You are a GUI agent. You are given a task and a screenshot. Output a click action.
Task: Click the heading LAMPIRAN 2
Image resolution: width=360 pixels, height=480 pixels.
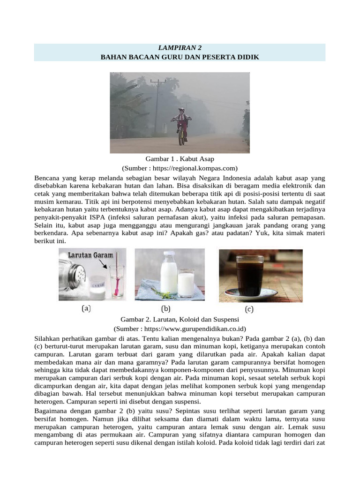click(180, 48)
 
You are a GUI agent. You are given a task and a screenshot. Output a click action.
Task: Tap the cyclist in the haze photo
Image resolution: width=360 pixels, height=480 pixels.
click(181, 123)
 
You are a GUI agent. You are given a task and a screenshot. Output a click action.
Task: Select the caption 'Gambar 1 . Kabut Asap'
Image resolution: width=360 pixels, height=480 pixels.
click(180, 159)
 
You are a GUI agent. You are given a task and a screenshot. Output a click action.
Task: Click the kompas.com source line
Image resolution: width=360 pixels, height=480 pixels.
click(180, 168)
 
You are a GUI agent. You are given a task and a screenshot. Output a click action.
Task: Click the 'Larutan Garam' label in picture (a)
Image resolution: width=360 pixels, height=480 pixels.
click(91, 255)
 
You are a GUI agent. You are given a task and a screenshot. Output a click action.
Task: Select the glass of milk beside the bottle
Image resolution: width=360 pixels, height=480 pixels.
click(186, 282)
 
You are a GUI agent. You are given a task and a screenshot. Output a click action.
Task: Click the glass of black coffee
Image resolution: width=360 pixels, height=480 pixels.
click(249, 275)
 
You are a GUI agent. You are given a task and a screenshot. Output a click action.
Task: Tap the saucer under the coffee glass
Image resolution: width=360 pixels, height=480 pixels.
click(251, 295)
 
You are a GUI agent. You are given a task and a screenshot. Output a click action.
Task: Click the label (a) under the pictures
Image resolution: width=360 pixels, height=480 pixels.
click(86, 309)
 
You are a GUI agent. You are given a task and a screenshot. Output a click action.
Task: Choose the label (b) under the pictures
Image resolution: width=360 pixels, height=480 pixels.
click(165, 309)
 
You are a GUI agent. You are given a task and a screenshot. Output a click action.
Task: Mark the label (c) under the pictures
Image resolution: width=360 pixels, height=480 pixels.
click(249, 309)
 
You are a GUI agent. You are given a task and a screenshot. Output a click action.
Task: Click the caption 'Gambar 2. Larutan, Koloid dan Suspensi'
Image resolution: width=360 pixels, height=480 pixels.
click(180, 319)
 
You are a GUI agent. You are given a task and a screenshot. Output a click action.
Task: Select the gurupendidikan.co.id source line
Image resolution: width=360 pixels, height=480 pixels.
click(180, 329)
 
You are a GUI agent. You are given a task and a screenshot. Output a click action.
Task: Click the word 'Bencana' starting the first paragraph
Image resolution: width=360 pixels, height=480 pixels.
click(47, 179)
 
